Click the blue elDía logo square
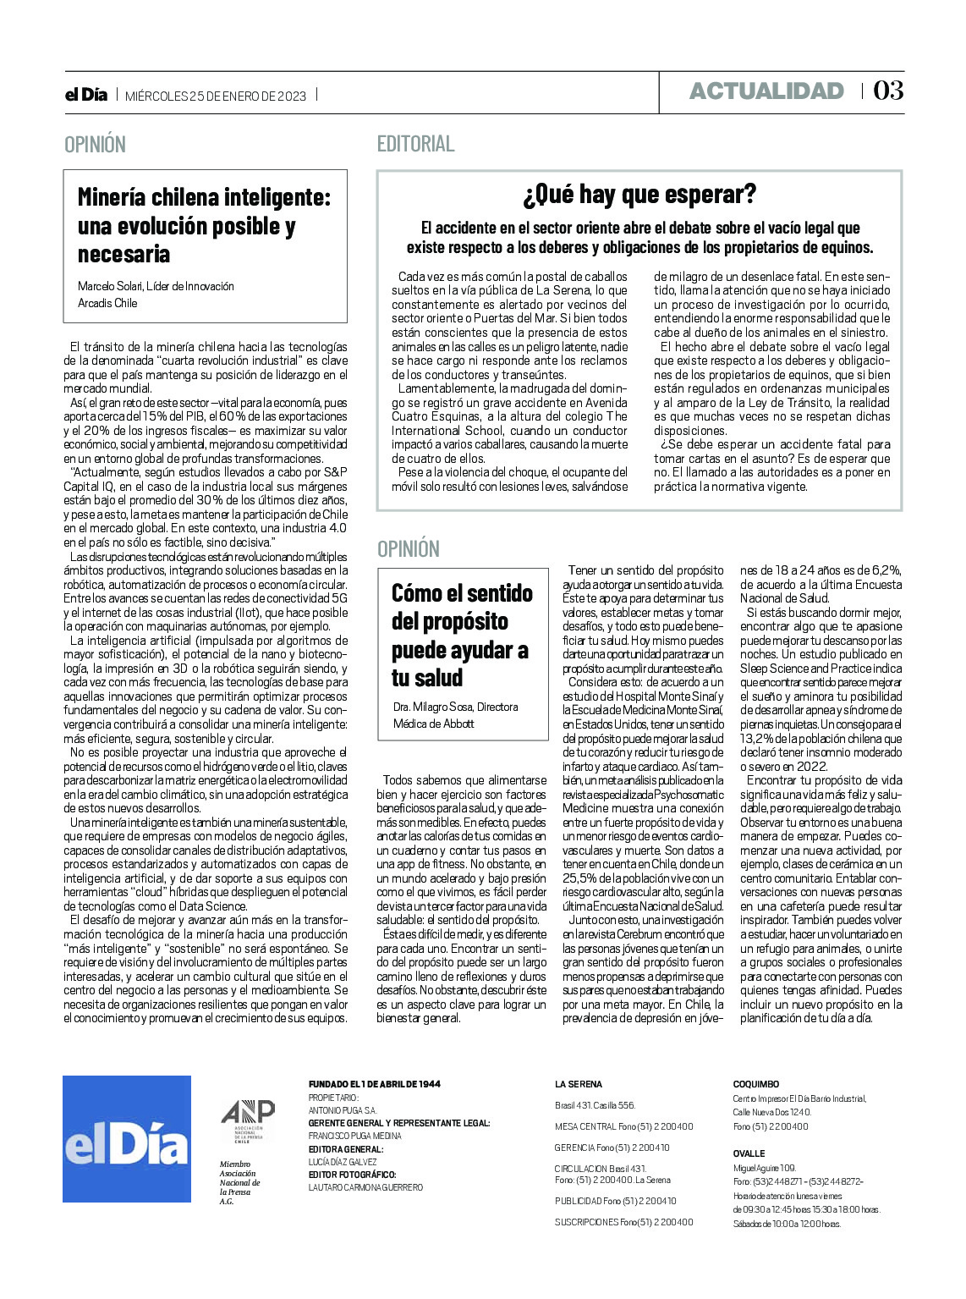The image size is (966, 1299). click(127, 1138)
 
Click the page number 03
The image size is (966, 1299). click(888, 91)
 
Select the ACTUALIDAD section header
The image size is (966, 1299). click(766, 91)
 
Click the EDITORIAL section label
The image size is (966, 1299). click(415, 144)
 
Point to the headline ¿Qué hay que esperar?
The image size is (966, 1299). click(639, 195)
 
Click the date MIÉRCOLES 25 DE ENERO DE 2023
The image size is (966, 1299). click(216, 96)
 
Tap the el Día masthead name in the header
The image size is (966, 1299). click(86, 95)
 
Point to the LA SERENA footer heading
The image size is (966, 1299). click(579, 1084)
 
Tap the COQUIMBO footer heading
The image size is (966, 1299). click(755, 1084)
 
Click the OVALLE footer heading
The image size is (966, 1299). click(749, 1153)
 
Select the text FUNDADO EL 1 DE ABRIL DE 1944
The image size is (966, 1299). click(375, 1084)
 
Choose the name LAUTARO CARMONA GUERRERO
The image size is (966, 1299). click(365, 1187)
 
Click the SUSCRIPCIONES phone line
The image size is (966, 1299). click(623, 1222)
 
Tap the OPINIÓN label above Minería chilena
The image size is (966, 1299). click(95, 145)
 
